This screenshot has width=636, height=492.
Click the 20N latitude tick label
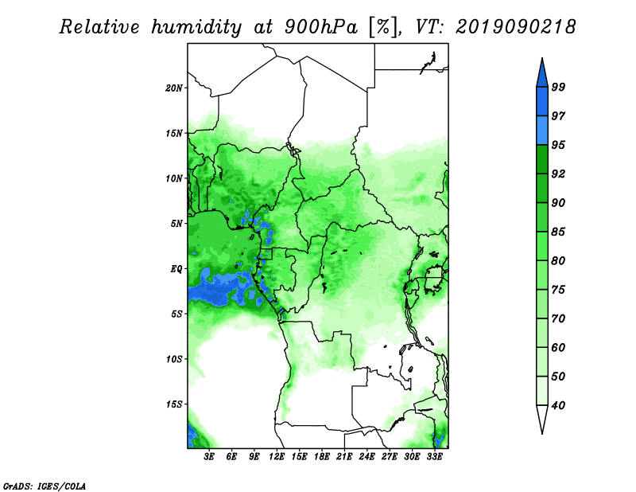click(174, 88)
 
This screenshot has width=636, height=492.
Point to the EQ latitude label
click(176, 269)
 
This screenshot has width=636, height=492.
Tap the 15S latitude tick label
click(174, 404)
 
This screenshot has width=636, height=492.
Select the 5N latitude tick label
click(176, 224)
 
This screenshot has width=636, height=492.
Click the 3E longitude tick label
click(209, 457)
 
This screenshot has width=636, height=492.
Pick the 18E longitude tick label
click(322, 457)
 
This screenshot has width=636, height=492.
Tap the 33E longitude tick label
click(434, 457)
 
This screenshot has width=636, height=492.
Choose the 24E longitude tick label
click(366, 457)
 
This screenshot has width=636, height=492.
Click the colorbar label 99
click(558, 87)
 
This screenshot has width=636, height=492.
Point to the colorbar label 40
click(558, 405)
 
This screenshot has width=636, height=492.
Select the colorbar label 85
click(558, 232)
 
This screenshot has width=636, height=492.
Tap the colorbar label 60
click(558, 347)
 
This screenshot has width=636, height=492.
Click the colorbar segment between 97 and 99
click(542, 102)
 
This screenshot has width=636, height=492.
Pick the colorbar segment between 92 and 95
click(542, 159)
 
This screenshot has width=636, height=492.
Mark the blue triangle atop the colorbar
click(542, 72)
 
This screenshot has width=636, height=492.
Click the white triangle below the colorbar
click(542, 420)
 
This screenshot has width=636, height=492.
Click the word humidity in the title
click(196, 27)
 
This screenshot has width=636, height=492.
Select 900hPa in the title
click(321, 27)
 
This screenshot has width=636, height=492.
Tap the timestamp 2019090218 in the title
click(515, 27)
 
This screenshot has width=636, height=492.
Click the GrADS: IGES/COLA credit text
click(45, 486)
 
